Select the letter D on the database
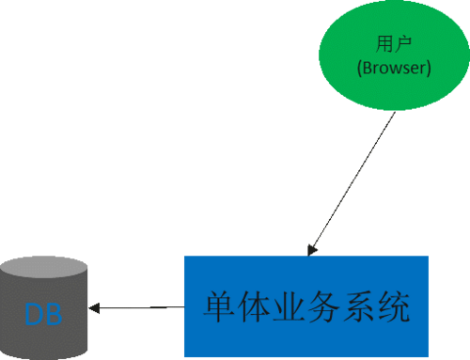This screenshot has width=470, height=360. click(35, 314)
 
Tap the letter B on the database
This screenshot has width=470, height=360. click(55, 314)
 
